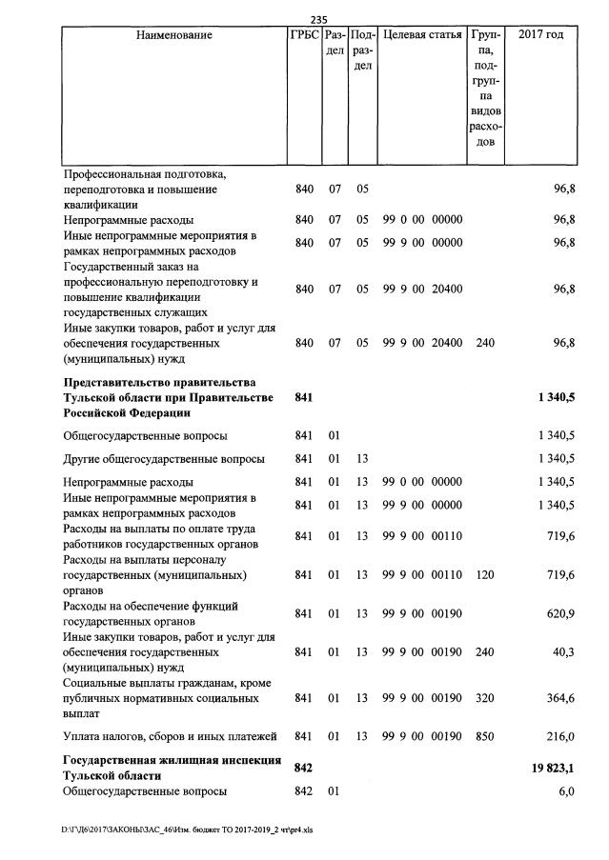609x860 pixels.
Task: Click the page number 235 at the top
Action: click(318, 19)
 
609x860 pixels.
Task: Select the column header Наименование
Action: click(173, 36)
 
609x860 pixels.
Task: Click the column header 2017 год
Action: click(540, 36)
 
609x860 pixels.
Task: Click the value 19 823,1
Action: click(552, 768)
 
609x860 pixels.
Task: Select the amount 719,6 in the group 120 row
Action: click(558, 575)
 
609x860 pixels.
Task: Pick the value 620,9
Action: click(558, 613)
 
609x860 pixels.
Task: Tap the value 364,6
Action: click(558, 698)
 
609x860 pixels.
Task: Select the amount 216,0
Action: click(558, 736)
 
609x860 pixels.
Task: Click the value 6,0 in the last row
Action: click(565, 792)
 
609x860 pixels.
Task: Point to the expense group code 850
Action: click(485, 736)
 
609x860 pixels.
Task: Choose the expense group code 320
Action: click(485, 698)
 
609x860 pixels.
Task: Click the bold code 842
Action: click(304, 768)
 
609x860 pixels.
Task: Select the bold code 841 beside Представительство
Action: click(304, 397)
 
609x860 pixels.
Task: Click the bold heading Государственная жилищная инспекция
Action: click(172, 760)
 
